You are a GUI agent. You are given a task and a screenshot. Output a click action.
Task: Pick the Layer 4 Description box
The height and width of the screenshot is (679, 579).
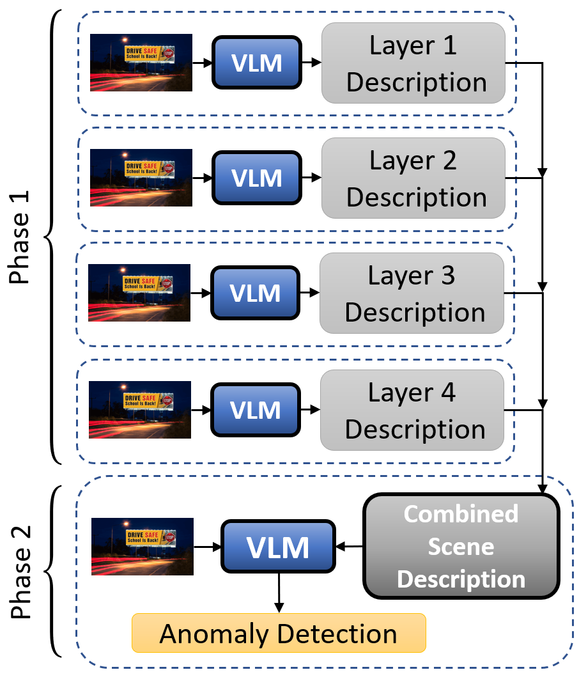point(412,410)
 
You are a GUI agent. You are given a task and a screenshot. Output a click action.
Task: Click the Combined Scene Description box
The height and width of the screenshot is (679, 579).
point(461,547)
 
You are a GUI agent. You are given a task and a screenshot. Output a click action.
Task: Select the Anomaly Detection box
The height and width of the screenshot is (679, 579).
point(279,633)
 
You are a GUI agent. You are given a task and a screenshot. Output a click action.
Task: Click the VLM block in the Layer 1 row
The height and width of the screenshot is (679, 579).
point(256,63)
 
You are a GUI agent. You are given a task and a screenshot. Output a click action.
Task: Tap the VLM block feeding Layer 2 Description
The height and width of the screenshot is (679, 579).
point(256,177)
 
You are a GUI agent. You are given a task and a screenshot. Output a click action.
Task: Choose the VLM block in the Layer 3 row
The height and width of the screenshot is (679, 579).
point(255,293)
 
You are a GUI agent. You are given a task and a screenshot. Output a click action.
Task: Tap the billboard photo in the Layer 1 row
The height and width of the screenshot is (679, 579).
point(141,63)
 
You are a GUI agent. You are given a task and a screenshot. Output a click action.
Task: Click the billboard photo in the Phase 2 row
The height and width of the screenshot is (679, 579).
point(143,547)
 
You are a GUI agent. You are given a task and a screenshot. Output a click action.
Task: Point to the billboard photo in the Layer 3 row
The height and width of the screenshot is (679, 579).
point(139,293)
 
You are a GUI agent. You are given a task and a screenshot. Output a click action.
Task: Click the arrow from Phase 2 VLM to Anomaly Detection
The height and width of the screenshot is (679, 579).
point(279,592)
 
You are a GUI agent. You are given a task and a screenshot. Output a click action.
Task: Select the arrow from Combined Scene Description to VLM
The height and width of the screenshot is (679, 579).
point(350,547)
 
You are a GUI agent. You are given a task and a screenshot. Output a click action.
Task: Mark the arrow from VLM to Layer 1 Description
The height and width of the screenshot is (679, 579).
point(311,63)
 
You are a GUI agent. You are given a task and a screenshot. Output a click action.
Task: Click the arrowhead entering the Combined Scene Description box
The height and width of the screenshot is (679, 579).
point(543,488)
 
